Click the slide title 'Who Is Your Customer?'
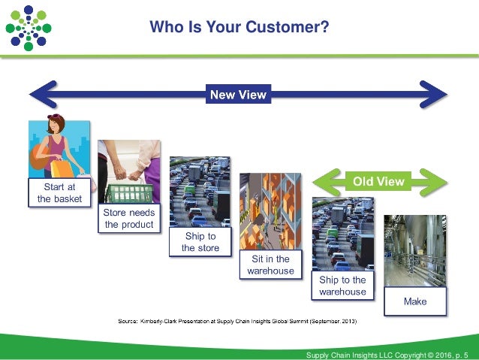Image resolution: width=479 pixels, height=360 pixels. (x=239, y=28)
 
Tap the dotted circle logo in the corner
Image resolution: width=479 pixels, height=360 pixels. (x=28, y=28)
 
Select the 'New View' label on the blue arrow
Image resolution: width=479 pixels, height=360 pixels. (x=237, y=95)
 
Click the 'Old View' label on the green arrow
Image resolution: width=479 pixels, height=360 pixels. (x=378, y=181)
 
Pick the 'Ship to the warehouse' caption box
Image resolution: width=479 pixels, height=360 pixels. (x=342, y=286)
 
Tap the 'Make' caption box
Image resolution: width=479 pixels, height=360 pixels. (x=414, y=301)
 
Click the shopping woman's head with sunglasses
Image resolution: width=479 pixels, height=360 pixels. (x=57, y=127)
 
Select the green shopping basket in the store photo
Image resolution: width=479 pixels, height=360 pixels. (x=129, y=192)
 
